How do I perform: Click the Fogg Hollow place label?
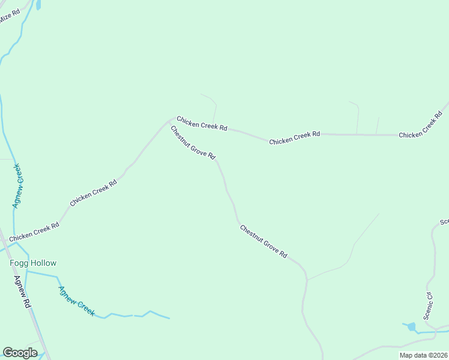point(33,263)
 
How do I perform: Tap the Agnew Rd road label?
point(23,293)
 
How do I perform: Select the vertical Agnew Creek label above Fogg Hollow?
point(18,185)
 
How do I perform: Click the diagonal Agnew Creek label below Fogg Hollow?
point(76,301)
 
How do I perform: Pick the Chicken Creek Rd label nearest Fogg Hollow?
point(34,231)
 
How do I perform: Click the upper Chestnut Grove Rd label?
point(193,142)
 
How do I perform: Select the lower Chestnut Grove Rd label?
point(264,241)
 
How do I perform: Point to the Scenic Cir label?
point(429,305)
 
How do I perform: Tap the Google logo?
point(20,353)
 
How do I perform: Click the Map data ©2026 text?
point(424,355)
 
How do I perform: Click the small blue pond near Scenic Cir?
point(411,327)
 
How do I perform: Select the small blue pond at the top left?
point(39,5)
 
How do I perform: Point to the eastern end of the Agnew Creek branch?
point(169,318)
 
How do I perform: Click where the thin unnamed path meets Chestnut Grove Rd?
point(307,280)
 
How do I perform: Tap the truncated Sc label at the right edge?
point(444,222)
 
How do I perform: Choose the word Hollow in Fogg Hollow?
point(44,263)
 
